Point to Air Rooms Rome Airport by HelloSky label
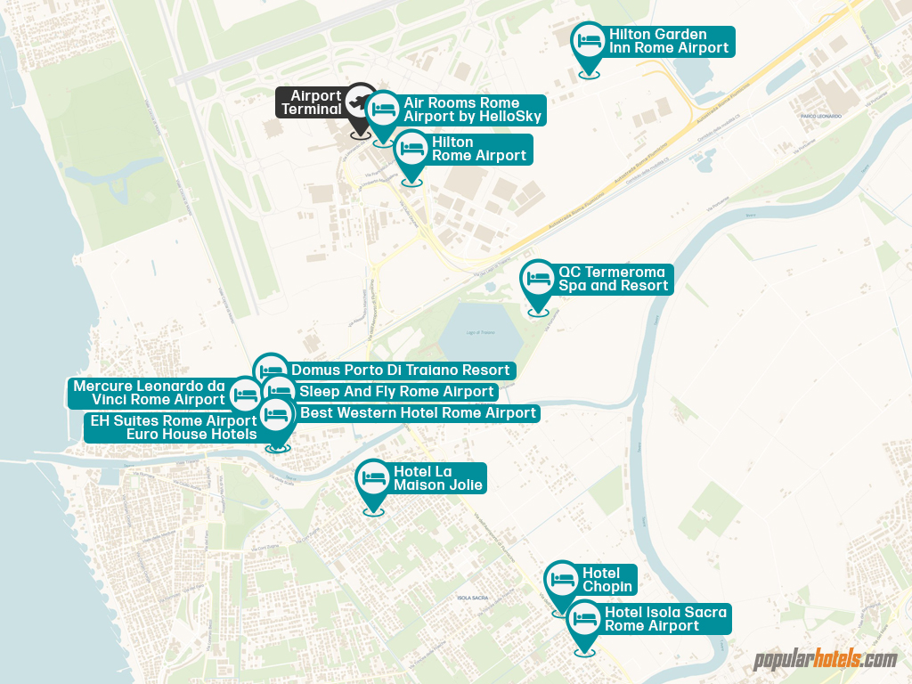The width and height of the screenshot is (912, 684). (472, 110)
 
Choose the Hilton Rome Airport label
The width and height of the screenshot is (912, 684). (478, 149)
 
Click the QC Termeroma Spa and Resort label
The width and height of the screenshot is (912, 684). (613, 279)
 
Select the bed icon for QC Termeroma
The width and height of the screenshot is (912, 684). (539, 278)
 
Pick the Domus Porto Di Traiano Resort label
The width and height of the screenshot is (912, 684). (400, 370)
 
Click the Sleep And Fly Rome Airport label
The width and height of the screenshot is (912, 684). (396, 392)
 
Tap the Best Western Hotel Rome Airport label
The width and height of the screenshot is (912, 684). (418, 413)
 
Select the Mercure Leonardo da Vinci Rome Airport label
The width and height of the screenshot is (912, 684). (149, 393)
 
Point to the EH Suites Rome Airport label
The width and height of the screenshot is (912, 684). (174, 427)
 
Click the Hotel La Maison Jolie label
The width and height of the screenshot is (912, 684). (438, 478)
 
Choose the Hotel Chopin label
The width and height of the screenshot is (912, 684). (607, 580)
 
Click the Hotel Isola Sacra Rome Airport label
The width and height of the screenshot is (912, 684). (665, 619)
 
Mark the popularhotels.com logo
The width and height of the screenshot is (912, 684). (825, 660)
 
